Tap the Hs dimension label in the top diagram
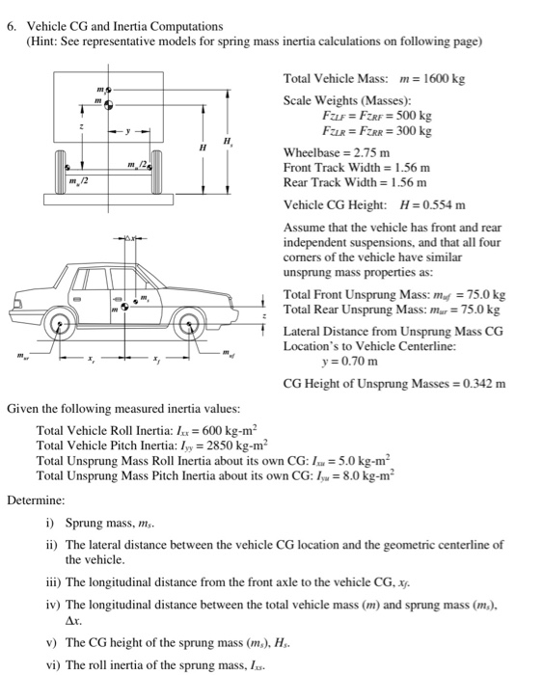tap(228, 141)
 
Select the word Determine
tap(36, 500)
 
